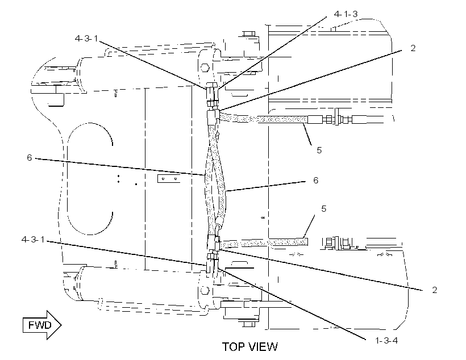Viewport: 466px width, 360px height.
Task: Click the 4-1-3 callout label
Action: [x=346, y=14]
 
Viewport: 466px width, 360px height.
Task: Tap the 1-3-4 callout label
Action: [x=386, y=340]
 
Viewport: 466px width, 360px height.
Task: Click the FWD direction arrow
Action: [x=42, y=325]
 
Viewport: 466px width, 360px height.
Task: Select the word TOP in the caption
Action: [x=232, y=346]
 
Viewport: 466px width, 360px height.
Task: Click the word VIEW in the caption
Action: [x=262, y=346]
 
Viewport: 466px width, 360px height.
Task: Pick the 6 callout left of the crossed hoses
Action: [x=29, y=157]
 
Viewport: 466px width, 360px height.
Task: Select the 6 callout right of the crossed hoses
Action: [x=315, y=181]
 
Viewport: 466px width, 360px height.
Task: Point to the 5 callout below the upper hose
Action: [x=319, y=150]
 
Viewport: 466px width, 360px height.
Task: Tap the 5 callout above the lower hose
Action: [x=324, y=209]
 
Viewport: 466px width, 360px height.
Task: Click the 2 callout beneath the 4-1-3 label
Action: [x=413, y=48]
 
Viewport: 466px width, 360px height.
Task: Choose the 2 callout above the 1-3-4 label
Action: [x=435, y=290]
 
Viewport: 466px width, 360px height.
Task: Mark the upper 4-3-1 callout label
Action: [x=86, y=39]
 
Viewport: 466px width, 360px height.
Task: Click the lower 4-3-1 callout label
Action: [x=33, y=240]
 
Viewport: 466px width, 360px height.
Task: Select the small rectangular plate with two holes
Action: [x=169, y=179]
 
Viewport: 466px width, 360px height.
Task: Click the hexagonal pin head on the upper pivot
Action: [x=205, y=67]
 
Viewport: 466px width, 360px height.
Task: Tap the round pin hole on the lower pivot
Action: [x=204, y=290]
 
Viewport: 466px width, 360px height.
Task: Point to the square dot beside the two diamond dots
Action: [x=136, y=184]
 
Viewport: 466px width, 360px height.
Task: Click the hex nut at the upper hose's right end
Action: [x=328, y=120]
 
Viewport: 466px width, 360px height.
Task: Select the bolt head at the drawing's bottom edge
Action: [x=249, y=324]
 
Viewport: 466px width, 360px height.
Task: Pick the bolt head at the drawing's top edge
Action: [x=249, y=34]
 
